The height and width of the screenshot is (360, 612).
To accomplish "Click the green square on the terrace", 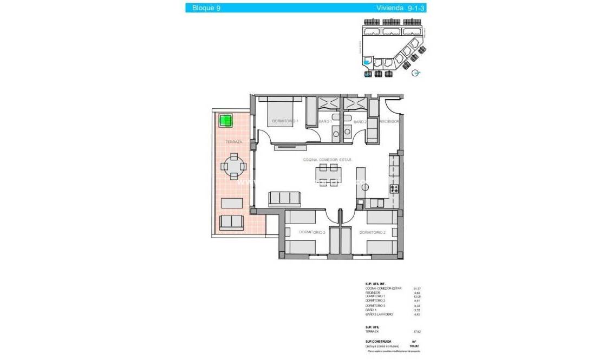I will pos(226,120).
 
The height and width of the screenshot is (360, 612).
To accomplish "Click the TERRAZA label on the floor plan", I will pos(233,142).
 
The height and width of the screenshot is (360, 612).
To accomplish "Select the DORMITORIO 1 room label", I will pos(285,121).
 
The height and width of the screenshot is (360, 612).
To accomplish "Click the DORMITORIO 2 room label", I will pos(372,232).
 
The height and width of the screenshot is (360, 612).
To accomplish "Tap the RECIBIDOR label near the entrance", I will pos(389,122).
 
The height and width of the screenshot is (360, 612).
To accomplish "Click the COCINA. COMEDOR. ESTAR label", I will pos(327,160).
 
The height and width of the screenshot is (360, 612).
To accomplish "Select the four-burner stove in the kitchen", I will pos(394,189).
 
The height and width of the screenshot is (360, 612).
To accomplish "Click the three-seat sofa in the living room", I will pos(284,199).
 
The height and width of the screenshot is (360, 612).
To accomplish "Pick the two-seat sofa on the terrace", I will pos(231,222).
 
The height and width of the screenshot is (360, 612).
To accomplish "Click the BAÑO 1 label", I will pos(325,122).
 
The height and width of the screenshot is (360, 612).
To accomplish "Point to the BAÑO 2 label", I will pos(360,122).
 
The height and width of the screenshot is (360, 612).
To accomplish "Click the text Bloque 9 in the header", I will pos(203,8).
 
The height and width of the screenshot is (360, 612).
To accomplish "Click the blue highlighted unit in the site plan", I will pos(367,62).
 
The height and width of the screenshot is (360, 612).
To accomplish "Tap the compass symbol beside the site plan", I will pos(415,73).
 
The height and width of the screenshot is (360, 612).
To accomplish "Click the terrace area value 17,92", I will pos(417,332).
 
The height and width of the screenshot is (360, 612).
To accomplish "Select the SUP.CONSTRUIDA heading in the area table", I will pos(378,342).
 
